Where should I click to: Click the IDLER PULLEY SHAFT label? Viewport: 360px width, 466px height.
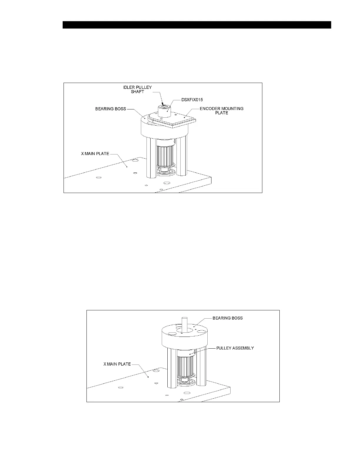137,89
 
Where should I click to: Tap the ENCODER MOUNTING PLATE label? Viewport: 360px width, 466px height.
221,111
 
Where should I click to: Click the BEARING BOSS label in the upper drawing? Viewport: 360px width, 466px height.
110,109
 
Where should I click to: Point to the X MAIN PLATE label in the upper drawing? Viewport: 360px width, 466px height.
95,154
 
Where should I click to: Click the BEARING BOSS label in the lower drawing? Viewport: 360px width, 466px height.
227,318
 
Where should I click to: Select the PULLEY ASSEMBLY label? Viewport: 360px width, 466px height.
235,348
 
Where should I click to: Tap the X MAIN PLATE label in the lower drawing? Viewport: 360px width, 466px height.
117,364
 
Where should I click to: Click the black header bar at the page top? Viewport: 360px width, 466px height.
197,25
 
